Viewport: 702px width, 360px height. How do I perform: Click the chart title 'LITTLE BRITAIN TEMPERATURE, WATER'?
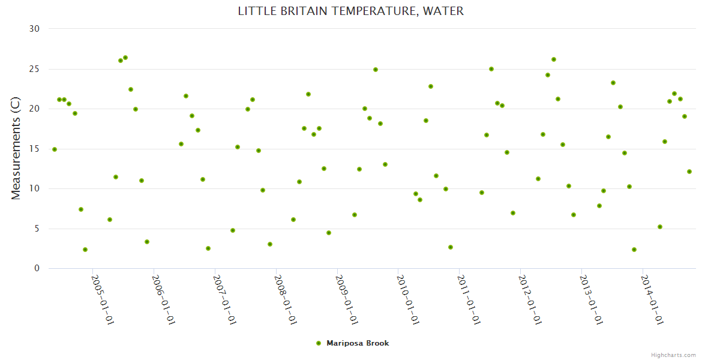tap(350, 11)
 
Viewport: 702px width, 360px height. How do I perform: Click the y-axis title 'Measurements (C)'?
tap(16, 149)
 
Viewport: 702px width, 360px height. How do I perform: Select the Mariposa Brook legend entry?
tap(358, 343)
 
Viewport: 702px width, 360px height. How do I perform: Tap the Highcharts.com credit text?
tap(673, 355)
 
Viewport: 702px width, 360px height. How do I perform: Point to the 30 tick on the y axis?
tap(34, 29)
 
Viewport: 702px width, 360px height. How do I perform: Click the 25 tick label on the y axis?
tap(34, 69)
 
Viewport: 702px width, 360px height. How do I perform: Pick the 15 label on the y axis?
tap(34, 149)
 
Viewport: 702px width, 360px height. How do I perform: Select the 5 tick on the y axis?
tap(37, 229)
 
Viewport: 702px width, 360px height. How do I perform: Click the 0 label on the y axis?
tap(37, 269)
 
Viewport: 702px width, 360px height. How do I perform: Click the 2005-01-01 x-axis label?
tap(103, 299)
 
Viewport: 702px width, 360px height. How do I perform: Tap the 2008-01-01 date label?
tap(286, 299)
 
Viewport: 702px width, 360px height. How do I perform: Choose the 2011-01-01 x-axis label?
tap(469, 299)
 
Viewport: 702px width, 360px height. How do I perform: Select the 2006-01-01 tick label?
tap(163, 299)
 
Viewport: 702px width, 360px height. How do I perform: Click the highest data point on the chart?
tap(125, 58)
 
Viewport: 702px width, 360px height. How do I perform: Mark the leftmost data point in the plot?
tap(55, 149)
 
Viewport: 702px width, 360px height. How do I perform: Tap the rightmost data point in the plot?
tap(689, 172)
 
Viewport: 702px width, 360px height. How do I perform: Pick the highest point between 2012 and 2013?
tap(554, 59)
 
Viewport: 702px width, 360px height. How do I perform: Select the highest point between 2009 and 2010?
tap(376, 70)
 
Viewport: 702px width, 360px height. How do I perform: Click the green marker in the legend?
tap(319, 343)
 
